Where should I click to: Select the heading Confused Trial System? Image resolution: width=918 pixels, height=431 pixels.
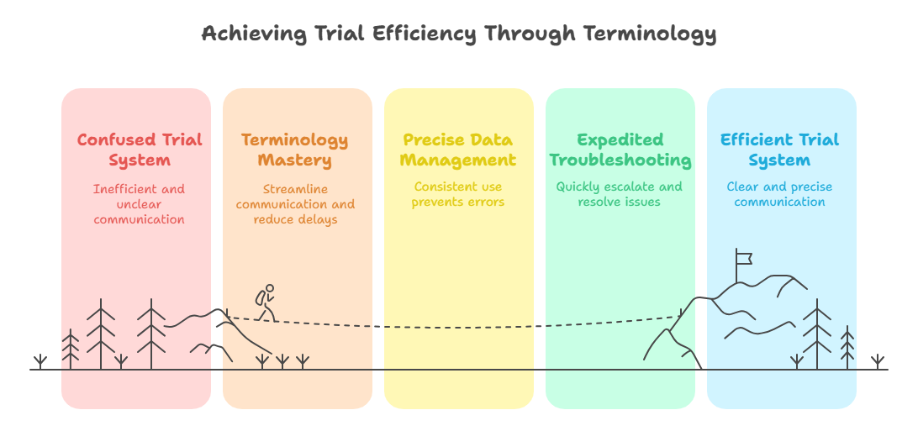(x=140, y=150)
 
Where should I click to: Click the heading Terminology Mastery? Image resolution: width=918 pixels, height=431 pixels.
(x=295, y=150)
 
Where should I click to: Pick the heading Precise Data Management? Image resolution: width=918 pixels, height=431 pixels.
(x=457, y=150)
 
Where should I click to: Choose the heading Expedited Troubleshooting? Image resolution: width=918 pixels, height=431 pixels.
(x=620, y=150)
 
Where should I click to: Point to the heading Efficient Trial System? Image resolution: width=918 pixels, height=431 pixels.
(x=779, y=150)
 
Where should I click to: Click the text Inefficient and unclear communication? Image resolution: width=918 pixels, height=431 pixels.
(x=140, y=204)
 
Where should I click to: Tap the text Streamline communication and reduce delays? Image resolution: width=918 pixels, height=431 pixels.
(x=295, y=204)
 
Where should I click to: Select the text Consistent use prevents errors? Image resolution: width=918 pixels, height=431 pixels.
(x=457, y=194)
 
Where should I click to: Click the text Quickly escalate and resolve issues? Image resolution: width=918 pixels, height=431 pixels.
(x=620, y=194)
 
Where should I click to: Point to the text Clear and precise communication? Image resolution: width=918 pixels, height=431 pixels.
(x=779, y=194)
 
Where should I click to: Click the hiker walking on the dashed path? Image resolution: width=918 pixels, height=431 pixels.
(x=266, y=303)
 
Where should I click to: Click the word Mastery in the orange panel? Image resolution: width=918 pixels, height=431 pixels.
(x=295, y=160)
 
